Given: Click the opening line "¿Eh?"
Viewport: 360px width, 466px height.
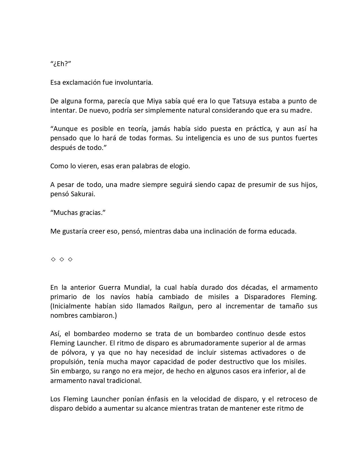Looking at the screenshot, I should pyautogui.click(x=60, y=64).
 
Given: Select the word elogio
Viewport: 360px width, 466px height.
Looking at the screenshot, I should pyautogui.click(x=179, y=166).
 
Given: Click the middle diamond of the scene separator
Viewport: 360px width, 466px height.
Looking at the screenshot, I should pyautogui.click(x=62, y=259).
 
